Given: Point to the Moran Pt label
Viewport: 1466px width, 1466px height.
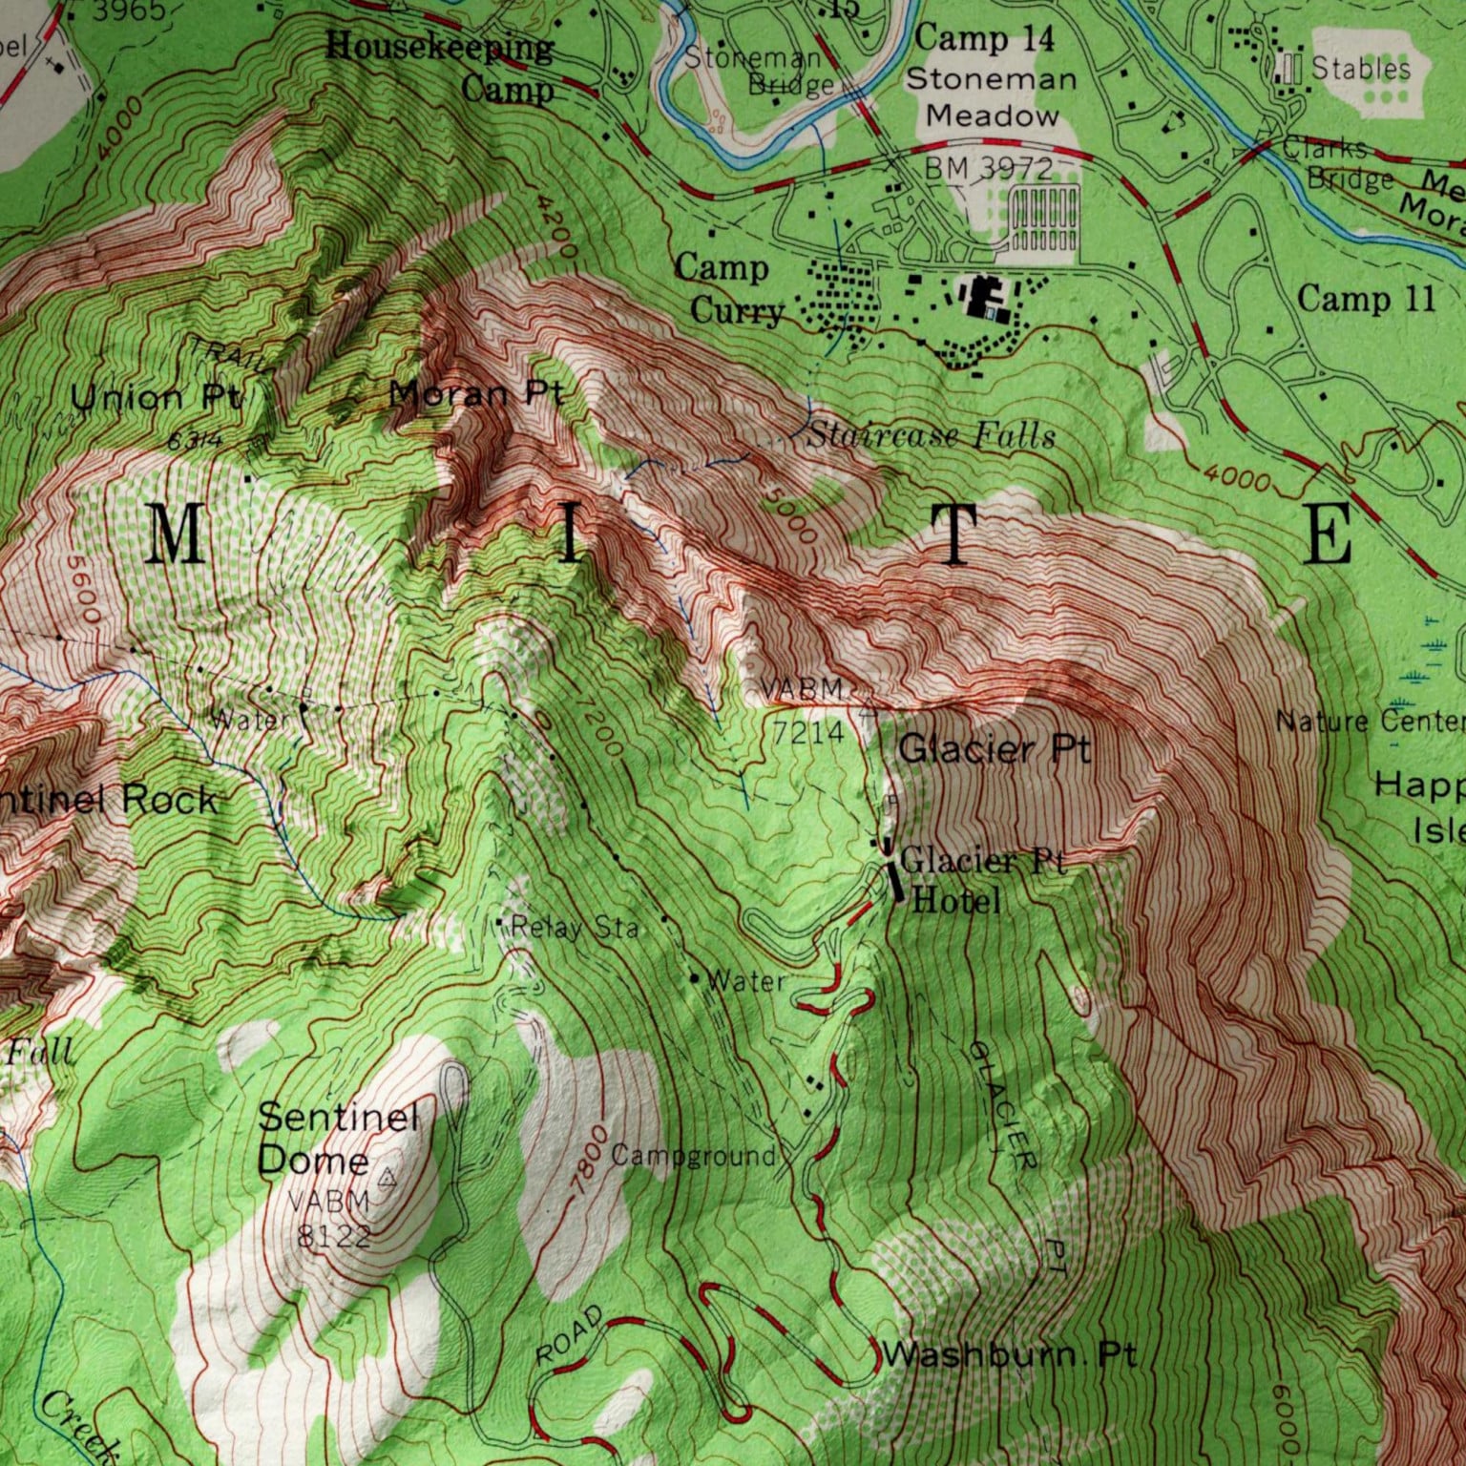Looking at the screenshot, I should point(476,393).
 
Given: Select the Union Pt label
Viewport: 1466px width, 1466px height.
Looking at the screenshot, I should point(157,397).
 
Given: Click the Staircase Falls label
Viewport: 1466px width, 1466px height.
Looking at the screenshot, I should point(931,437).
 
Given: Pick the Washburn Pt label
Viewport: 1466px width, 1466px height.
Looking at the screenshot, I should point(1009,1354).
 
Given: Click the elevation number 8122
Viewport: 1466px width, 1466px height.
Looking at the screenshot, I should point(334,1236).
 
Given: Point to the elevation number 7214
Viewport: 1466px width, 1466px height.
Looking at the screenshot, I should point(808,732).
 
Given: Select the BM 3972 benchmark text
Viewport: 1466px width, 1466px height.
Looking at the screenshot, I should point(988,169).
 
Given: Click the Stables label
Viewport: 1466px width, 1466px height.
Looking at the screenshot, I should point(1360,68).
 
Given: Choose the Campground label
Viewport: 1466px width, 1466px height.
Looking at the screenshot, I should point(693,1156).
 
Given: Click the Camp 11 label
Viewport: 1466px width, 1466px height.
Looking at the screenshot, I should point(1366,299).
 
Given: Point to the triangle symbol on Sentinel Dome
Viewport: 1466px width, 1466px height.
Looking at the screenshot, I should point(387,1180).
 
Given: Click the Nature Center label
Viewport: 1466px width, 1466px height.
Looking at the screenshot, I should point(1369,722).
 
